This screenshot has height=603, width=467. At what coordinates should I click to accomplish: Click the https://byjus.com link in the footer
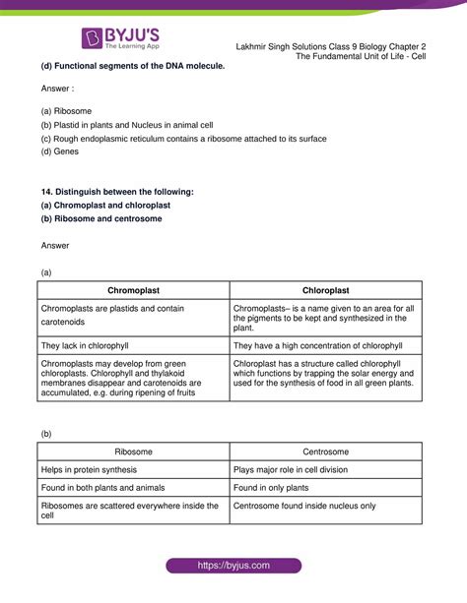[233, 567]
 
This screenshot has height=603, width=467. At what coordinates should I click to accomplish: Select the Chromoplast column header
[132, 290]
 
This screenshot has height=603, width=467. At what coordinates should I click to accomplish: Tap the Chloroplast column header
[325, 290]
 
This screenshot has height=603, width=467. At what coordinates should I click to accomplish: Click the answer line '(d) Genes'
[62, 153]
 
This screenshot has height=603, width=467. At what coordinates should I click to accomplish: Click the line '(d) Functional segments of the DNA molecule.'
[133, 65]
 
